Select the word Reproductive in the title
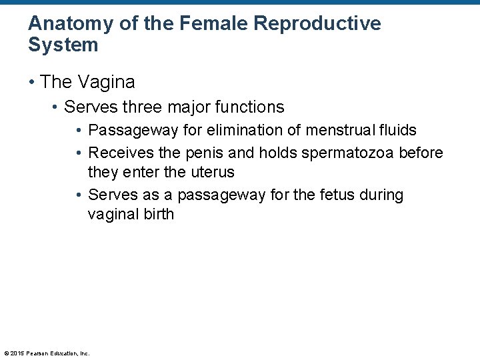point(319,24)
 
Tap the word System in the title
point(63,45)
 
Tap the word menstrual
point(337,130)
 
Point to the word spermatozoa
point(348,153)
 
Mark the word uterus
point(213,172)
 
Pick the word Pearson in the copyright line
point(37,353)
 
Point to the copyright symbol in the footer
point(6,353)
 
